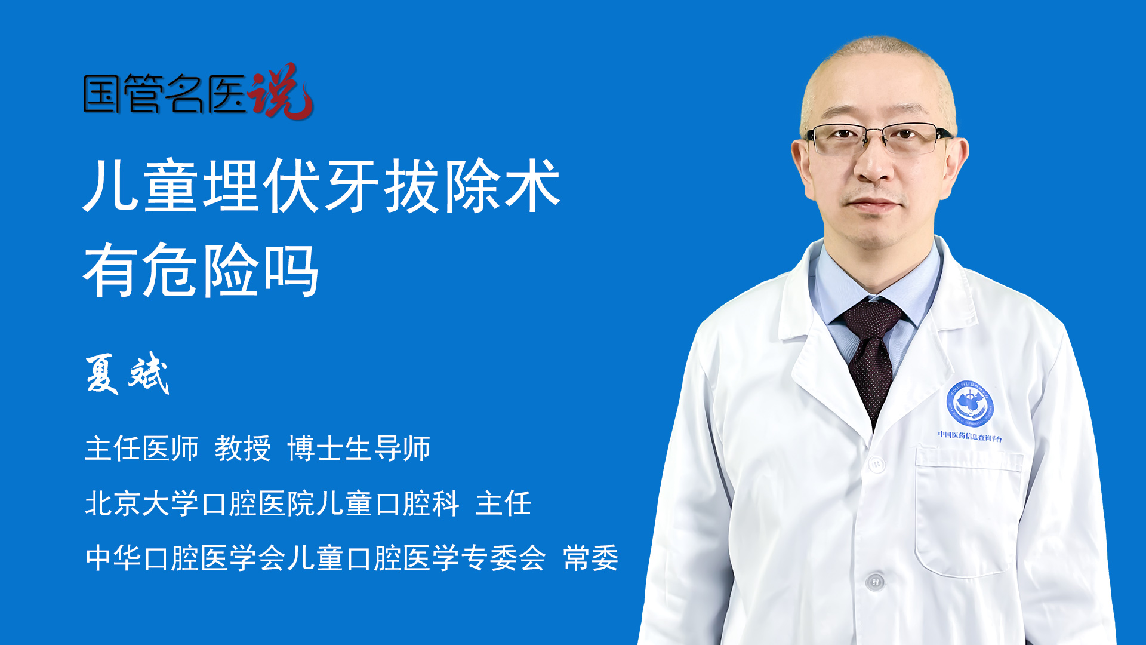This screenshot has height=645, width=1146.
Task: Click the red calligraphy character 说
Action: click(x=281, y=91)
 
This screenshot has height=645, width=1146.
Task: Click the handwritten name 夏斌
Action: click(x=127, y=374)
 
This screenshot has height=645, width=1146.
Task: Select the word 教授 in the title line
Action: click(x=242, y=448)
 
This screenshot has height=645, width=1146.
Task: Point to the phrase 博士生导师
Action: click(x=359, y=448)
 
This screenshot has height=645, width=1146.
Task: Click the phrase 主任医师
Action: click(x=141, y=448)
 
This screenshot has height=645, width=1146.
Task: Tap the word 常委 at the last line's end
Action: click(x=591, y=558)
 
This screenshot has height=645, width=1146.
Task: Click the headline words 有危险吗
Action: click(x=201, y=271)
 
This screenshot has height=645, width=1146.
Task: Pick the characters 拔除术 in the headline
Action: click(x=472, y=185)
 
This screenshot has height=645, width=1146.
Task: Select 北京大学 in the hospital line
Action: click(x=141, y=503)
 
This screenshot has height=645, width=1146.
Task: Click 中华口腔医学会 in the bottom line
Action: click(x=185, y=558)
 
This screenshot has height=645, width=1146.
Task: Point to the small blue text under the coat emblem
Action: click(x=970, y=437)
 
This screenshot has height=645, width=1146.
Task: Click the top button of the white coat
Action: click(x=876, y=463)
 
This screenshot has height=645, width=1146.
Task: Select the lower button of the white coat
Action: click(x=875, y=580)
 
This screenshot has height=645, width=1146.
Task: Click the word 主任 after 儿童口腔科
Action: click(x=504, y=503)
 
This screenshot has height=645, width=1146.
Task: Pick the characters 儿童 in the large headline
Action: click(x=141, y=185)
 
